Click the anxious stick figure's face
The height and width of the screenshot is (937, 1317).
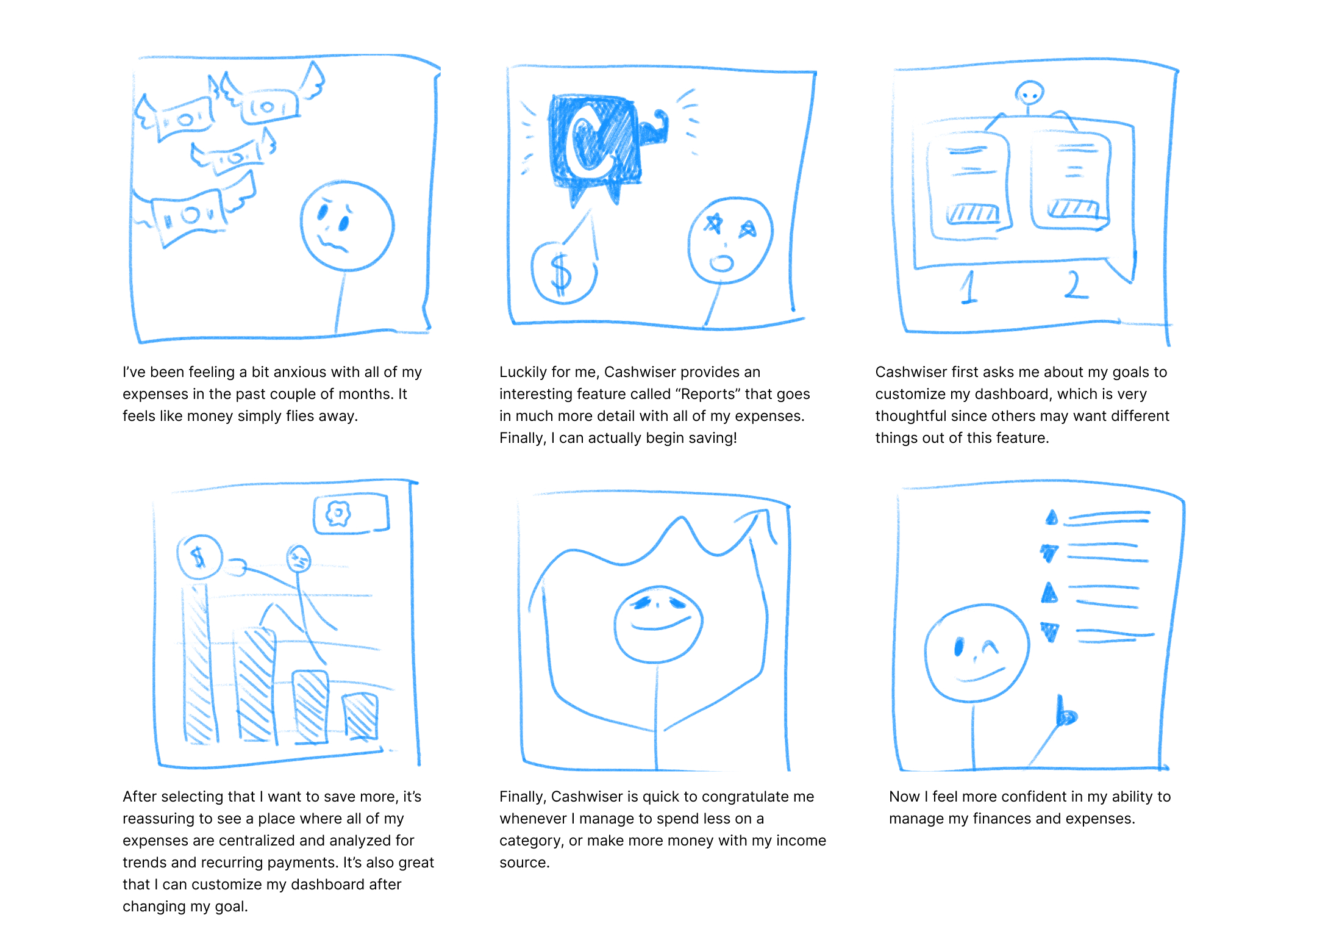[x=347, y=226]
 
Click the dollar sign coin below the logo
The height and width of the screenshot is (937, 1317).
[x=563, y=272]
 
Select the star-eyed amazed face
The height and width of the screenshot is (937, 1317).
[x=730, y=240]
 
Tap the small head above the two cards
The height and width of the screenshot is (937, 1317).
[x=1030, y=93]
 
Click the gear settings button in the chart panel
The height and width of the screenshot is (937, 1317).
[x=351, y=514]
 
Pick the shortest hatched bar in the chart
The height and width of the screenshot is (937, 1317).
[x=360, y=716]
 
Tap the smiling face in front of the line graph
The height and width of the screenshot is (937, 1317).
[x=659, y=624]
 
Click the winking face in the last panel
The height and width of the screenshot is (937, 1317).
[x=977, y=653]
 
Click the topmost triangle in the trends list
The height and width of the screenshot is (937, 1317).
[x=1052, y=517]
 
